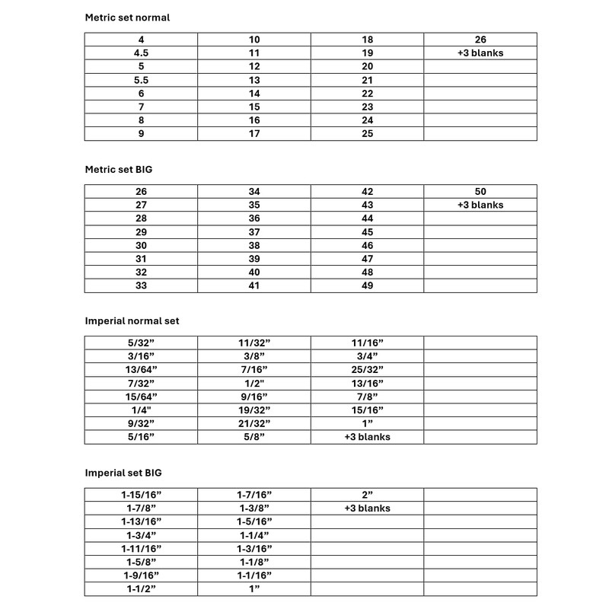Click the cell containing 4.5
(x=141, y=53)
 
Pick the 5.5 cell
(x=141, y=80)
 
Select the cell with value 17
(x=254, y=134)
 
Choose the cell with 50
(x=480, y=191)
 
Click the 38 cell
(x=254, y=245)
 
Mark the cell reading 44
(x=367, y=218)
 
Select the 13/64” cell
(x=141, y=369)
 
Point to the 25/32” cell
(x=367, y=369)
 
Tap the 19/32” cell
(x=254, y=410)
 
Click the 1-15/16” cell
(x=141, y=495)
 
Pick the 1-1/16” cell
(x=254, y=576)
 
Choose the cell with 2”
(x=367, y=495)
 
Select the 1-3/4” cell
(x=141, y=535)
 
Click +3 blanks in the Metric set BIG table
(x=480, y=205)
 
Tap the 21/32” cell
(x=254, y=423)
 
